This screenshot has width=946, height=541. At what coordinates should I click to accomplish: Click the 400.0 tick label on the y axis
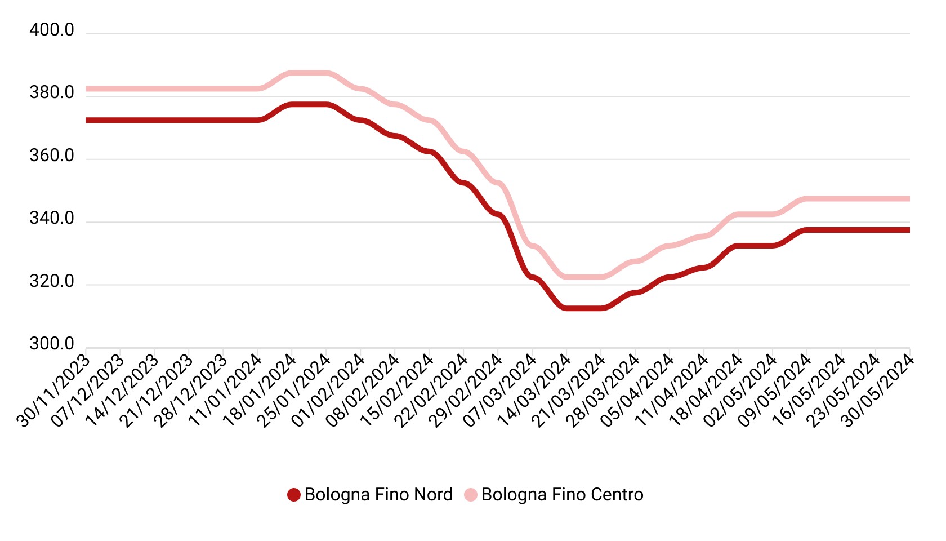click(x=52, y=30)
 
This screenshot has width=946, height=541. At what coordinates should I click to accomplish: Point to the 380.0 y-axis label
click(x=52, y=93)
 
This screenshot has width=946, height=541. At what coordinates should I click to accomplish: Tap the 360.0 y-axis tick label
click(x=52, y=156)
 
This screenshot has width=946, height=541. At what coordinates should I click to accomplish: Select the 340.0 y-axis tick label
click(x=52, y=219)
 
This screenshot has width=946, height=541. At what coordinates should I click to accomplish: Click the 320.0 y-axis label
click(x=52, y=282)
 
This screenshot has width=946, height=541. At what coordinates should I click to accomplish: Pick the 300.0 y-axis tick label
click(x=52, y=344)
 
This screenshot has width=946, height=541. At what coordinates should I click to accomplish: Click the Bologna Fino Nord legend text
click(x=378, y=495)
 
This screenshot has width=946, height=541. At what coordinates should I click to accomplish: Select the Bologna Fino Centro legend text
click(x=562, y=495)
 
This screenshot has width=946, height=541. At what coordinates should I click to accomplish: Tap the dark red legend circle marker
click(x=293, y=495)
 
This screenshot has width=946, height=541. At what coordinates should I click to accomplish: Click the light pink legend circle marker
click(x=471, y=495)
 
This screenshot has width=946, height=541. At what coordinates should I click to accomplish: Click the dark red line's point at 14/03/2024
click(x=567, y=308)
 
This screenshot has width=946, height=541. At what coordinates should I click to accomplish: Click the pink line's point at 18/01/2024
click(x=292, y=73)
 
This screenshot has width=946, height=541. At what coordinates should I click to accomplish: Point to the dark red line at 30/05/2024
click(x=909, y=230)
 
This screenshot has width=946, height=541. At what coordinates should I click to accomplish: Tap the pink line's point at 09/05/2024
click(x=807, y=199)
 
